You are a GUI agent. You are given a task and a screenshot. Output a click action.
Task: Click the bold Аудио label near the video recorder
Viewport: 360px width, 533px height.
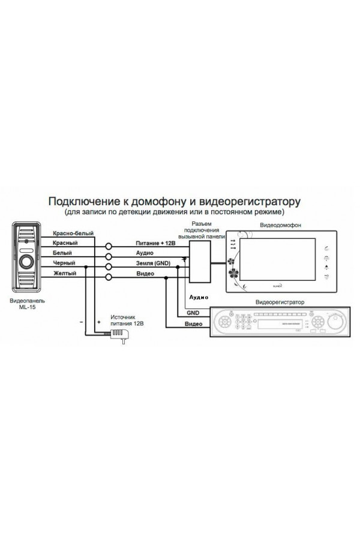coord(199,297)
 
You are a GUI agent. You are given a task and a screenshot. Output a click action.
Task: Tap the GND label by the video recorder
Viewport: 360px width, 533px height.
coord(193,313)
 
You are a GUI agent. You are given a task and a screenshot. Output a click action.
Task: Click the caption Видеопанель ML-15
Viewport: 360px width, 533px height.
coord(28,306)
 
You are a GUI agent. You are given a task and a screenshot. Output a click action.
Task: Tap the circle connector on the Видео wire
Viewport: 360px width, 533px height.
coord(109,276)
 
